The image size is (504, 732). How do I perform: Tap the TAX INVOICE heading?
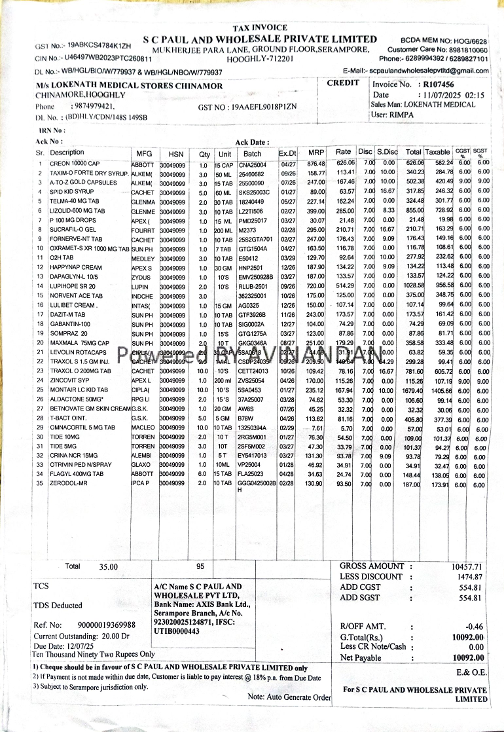tap(260, 27)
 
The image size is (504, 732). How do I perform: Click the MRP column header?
tap(316, 153)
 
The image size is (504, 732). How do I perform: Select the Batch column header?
tap(252, 153)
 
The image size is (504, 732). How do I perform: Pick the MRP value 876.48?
tap(316, 164)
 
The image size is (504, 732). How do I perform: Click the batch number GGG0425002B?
tap(257, 483)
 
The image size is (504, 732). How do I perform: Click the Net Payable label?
tap(361, 657)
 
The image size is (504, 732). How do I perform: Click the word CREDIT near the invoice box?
tap(343, 82)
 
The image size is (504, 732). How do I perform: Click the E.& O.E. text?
tap(471, 672)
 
